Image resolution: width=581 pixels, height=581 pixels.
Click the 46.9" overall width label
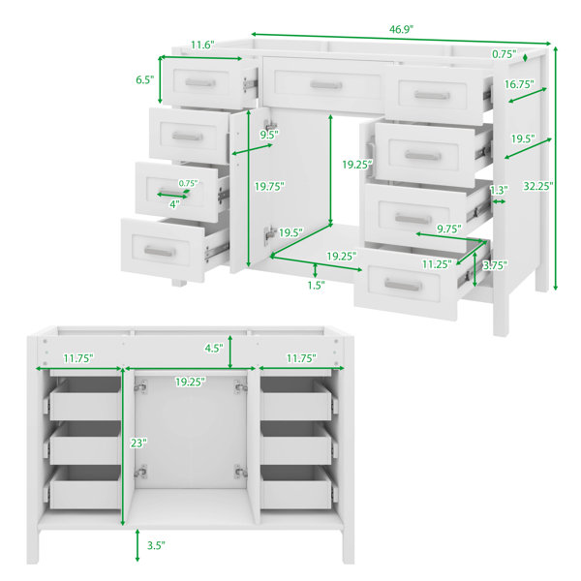[x=401, y=29]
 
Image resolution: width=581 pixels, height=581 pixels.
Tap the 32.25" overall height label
[x=538, y=186]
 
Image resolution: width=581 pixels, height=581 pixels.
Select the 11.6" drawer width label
[x=202, y=45]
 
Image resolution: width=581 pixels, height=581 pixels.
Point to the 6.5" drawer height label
[x=144, y=79]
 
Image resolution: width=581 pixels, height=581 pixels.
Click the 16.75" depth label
[x=519, y=84]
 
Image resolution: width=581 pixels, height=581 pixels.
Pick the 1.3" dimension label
[x=499, y=190]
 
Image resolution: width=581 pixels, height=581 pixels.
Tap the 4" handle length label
[x=174, y=204]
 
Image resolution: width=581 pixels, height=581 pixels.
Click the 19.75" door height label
[x=269, y=186]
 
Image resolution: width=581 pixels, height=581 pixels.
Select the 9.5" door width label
[x=269, y=135]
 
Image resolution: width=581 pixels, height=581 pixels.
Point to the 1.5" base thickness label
[x=316, y=285]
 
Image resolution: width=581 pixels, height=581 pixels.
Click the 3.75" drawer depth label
[x=495, y=265]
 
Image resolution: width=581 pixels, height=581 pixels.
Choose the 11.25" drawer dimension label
[x=437, y=264]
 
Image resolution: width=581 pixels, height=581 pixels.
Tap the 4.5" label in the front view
[x=214, y=348]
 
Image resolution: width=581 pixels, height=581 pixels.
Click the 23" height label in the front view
[x=138, y=443]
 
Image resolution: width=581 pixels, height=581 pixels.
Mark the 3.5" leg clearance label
[x=156, y=545]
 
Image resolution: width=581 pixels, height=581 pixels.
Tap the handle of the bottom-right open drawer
[x=403, y=285]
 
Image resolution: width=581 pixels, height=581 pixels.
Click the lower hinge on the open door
[x=270, y=234]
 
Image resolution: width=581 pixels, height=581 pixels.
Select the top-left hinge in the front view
[x=140, y=386]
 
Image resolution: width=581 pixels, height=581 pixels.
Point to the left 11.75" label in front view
[x=78, y=358]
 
